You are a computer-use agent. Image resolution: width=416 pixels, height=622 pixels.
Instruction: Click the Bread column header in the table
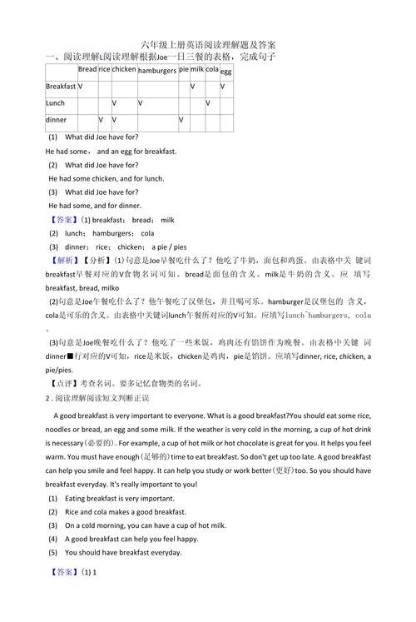(x=87, y=70)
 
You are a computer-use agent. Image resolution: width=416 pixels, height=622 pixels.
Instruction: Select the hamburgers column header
(x=157, y=71)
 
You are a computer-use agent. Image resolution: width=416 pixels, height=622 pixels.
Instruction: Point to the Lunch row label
(x=55, y=103)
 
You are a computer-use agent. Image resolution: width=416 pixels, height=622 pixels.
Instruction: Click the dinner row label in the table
(x=56, y=120)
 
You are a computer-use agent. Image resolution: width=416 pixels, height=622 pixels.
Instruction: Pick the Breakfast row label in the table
(x=61, y=87)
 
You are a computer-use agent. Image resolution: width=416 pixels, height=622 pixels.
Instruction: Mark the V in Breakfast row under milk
(x=192, y=87)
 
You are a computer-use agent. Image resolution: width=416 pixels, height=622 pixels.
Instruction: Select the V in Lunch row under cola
(x=208, y=103)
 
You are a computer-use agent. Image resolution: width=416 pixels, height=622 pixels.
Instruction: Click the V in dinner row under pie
(x=181, y=120)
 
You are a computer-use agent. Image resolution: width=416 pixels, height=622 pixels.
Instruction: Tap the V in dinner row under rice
(x=101, y=120)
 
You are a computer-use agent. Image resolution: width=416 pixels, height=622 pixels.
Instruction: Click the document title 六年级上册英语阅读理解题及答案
(x=209, y=44)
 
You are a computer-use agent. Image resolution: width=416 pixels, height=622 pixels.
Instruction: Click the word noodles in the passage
(x=63, y=429)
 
